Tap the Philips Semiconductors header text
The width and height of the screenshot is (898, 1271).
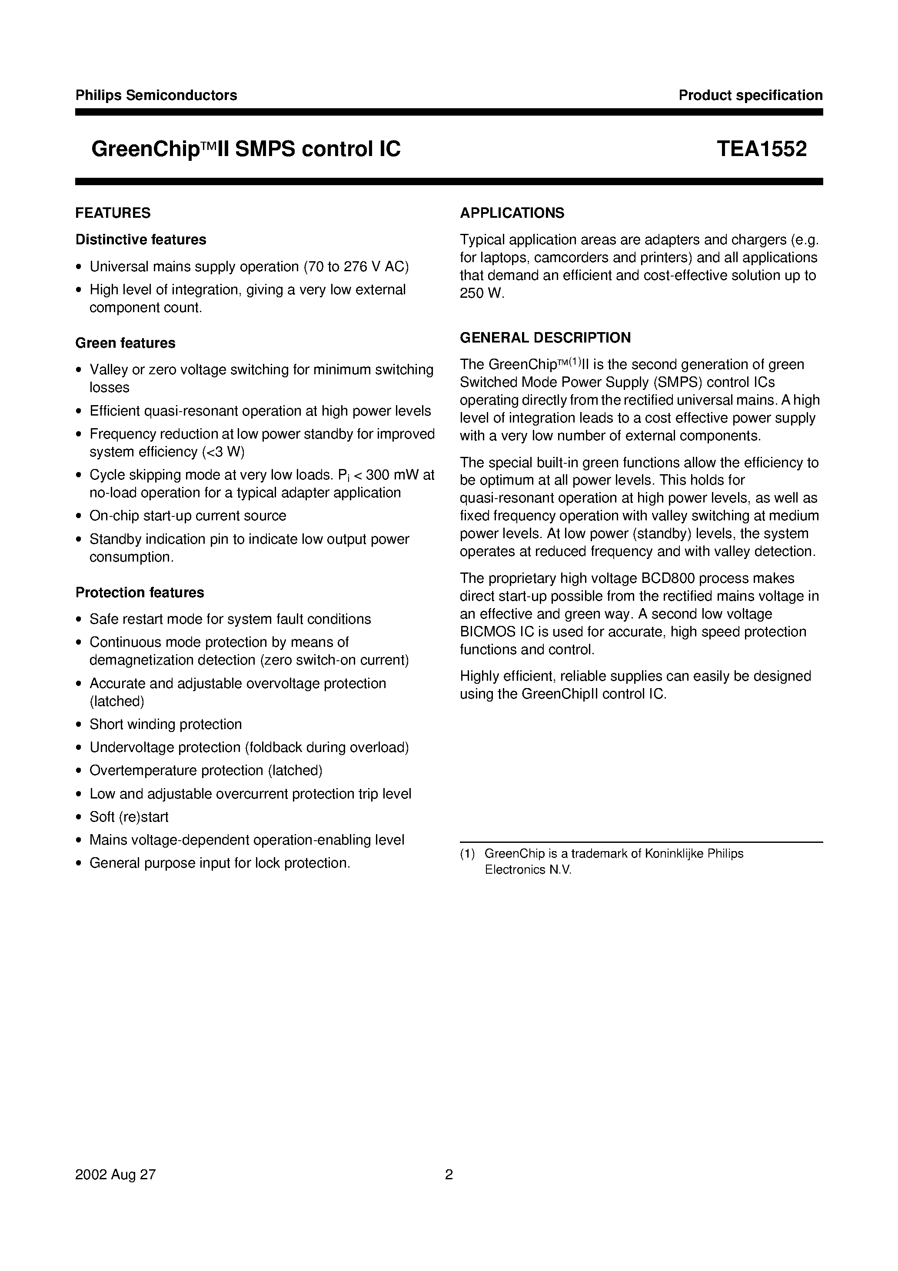(156, 95)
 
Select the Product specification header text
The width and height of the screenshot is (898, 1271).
(750, 95)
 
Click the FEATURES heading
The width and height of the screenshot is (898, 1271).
(113, 213)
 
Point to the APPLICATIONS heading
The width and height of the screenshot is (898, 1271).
(512, 213)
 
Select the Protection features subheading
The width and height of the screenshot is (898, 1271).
(140, 592)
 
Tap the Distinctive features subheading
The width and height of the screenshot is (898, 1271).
(141, 240)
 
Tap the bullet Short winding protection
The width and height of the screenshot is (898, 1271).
(166, 724)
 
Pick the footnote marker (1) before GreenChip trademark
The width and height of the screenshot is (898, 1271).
(467, 854)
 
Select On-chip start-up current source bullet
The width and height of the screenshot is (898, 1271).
(188, 516)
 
